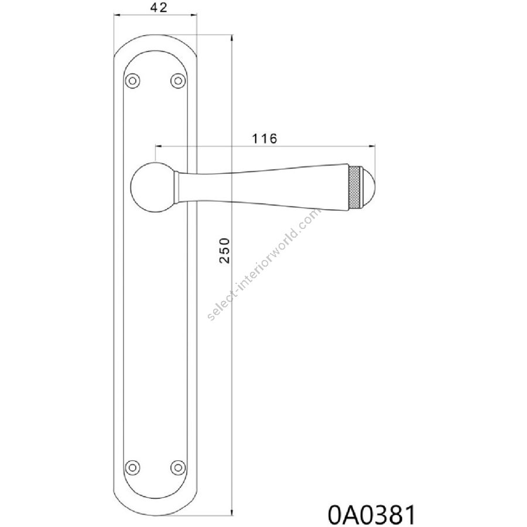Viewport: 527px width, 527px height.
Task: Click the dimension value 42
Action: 159,8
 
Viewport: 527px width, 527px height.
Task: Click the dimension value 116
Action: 265,138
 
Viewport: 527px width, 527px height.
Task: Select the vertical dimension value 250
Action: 224,251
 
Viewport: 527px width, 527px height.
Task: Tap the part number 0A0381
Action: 371,514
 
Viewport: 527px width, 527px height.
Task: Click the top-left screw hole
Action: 133,81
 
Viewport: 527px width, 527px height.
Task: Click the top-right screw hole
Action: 178,81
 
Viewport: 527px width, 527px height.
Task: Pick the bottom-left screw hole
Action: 133,467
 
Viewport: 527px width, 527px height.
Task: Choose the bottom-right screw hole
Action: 178,467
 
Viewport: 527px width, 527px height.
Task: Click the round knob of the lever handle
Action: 152,187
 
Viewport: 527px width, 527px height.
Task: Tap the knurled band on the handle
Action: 354,187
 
